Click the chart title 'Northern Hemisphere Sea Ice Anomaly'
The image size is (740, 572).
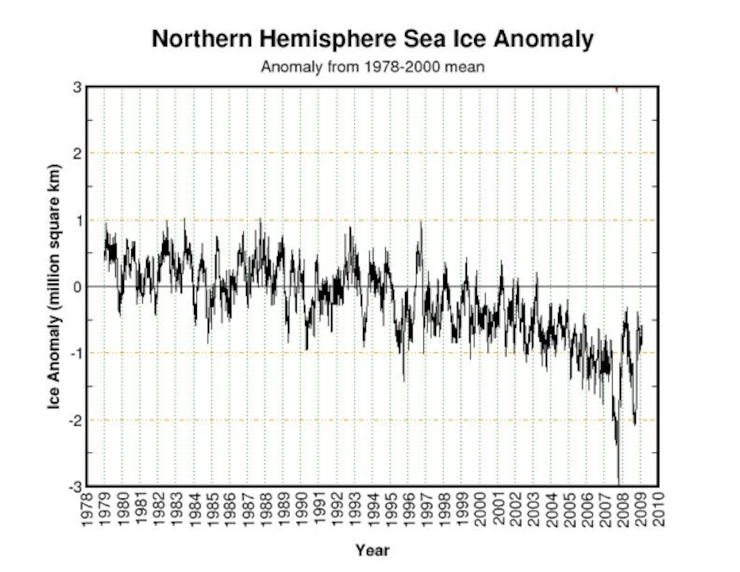pyautogui.click(x=372, y=39)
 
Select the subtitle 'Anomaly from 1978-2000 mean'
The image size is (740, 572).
pyautogui.click(x=372, y=67)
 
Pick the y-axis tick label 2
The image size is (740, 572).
pyautogui.click(x=78, y=154)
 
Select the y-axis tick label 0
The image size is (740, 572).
pyautogui.click(x=78, y=287)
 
